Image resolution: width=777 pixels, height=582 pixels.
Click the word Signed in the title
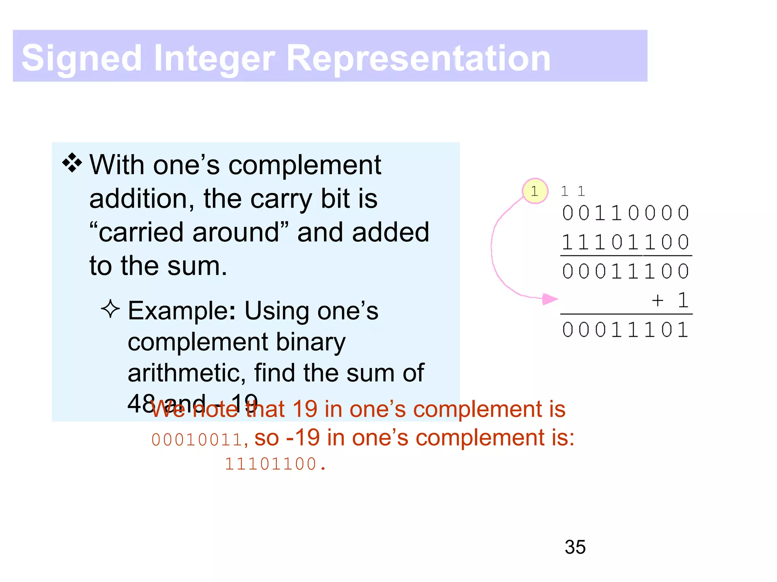(82, 58)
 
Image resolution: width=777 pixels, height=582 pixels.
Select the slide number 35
(575, 547)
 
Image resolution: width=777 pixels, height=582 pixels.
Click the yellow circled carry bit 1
(535, 191)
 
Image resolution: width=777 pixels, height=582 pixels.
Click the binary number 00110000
(626, 213)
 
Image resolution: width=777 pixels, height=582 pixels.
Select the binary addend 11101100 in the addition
(626, 242)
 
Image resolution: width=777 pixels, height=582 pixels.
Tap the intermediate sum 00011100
(626, 271)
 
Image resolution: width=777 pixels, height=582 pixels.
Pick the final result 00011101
(626, 330)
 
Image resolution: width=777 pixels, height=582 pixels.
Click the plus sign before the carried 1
(657, 300)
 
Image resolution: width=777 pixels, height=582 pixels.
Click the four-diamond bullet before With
(72, 164)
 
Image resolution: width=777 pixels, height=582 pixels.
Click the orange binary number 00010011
(197, 440)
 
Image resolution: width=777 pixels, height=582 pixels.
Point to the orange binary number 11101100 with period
(275, 464)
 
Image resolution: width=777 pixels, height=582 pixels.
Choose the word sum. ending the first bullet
(197, 266)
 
